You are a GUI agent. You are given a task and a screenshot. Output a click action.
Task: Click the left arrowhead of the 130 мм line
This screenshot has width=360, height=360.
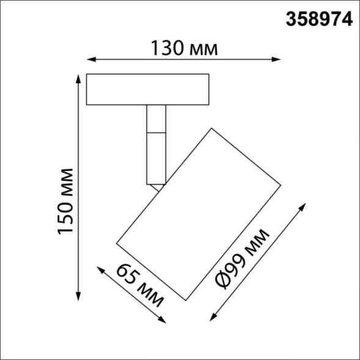point(89,59)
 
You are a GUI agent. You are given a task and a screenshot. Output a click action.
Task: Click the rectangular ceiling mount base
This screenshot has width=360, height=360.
point(148,90)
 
